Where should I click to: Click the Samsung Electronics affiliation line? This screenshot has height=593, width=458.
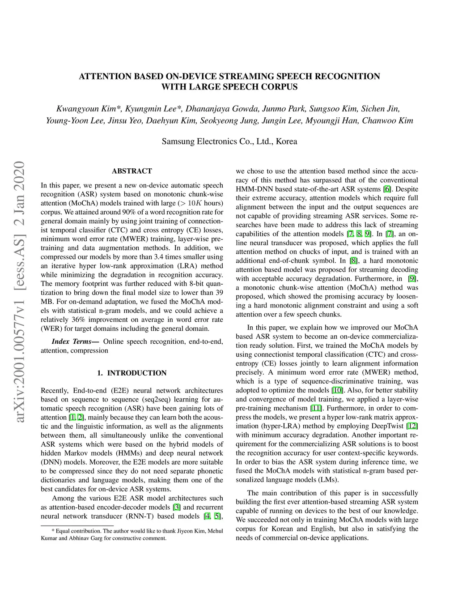click(229, 141)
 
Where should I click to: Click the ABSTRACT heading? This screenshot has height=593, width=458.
click(132, 171)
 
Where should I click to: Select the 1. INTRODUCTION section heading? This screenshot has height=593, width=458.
click(132, 373)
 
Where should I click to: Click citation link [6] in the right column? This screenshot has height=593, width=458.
click(387, 189)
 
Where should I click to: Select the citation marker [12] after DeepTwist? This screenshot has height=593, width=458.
click(412, 426)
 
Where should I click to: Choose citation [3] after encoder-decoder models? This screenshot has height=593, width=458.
click(177, 507)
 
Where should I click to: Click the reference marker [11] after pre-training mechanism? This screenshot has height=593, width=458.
click(316, 408)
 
